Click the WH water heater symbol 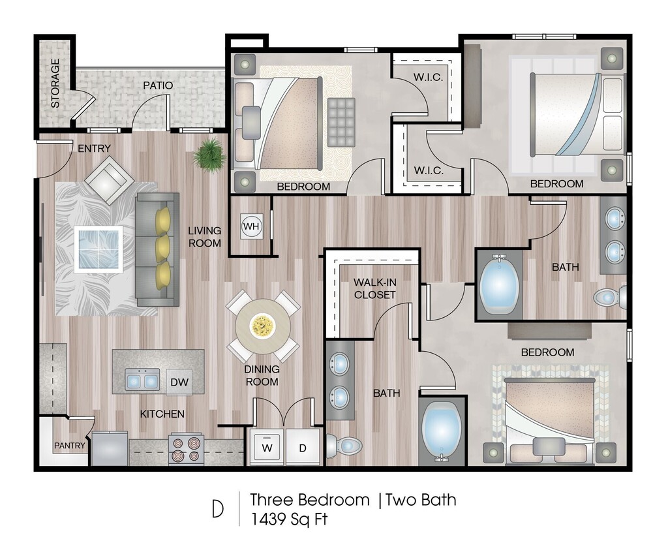point(250,226)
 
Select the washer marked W point(267,448)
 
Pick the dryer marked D point(303,448)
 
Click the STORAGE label point(55,84)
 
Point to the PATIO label point(159,85)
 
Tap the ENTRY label point(94,149)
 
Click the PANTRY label point(69,446)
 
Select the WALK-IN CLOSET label point(374,288)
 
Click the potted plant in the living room point(211,154)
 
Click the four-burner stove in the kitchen point(186,449)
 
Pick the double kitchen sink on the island point(142,380)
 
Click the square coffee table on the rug point(98,248)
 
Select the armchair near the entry point(109,179)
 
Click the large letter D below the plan point(218,510)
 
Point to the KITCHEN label point(162,414)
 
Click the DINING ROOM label point(262,375)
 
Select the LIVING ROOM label point(205,237)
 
